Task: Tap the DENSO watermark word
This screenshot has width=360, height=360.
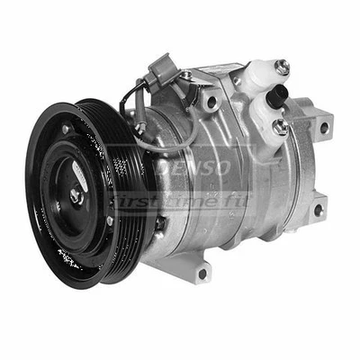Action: coord(193,167)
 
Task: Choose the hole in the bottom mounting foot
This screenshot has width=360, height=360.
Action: coord(202,272)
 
